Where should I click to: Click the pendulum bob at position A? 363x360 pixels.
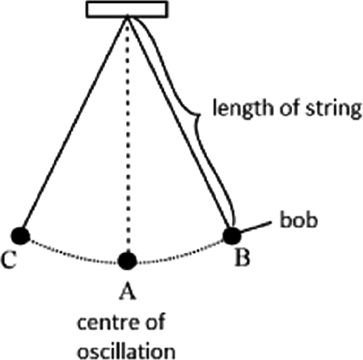pos(128,260)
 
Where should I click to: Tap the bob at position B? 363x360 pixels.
pos(231,235)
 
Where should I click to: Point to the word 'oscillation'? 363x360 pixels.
pos(127,350)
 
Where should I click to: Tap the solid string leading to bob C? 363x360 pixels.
pos(74,125)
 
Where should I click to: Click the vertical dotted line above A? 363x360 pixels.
pos(128,133)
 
